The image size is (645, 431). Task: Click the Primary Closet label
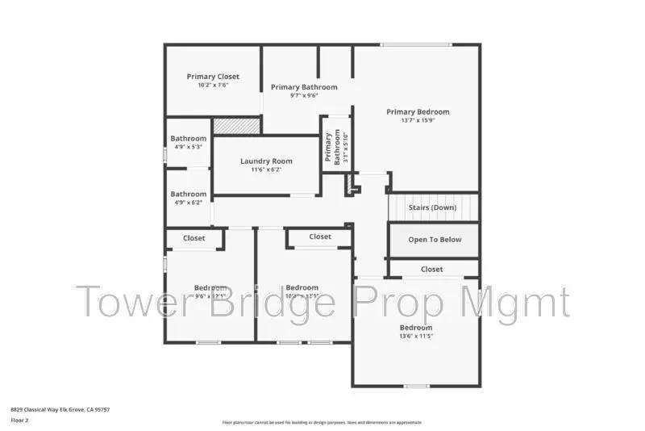pos(213,77)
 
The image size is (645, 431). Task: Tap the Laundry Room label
pos(266,161)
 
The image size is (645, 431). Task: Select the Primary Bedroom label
pos(418,112)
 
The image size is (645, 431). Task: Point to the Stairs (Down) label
pos(433,207)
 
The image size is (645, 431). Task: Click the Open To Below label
pos(435,240)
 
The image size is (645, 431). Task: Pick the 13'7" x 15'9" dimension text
pos(418,121)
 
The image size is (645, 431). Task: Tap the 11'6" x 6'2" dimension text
pos(266,170)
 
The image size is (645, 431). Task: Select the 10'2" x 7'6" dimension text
pos(213,85)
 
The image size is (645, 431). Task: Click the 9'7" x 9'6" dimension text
pos(304,95)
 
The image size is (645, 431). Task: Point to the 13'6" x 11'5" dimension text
pos(416,336)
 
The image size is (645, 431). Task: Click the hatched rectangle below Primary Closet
pos(236,125)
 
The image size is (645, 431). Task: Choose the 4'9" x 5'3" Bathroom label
pos(188,139)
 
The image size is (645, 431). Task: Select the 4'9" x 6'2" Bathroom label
pos(188,195)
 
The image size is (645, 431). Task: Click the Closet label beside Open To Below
pos(432,269)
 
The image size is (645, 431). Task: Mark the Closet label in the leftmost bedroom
pos(193,238)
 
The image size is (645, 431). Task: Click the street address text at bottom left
pos(60,410)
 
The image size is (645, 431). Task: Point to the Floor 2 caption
pos(19,421)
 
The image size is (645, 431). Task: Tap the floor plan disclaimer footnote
pos(321,422)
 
